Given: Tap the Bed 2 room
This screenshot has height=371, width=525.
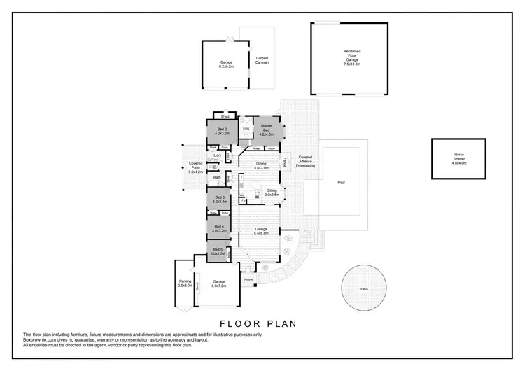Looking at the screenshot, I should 220,132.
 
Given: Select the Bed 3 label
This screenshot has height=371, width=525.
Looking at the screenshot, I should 220,199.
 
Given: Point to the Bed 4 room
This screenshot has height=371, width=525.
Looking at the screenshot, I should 219,228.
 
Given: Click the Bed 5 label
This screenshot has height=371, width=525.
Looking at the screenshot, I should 219,252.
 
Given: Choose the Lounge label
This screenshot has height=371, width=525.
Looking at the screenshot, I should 261,231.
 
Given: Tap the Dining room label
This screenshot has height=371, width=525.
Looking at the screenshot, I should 261,166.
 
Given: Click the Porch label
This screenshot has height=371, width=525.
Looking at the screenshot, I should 248,280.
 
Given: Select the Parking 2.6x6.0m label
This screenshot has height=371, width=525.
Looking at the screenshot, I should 185,283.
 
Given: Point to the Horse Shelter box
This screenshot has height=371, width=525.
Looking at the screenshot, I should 458,160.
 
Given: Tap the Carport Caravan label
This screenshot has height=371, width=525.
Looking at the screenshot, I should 262,60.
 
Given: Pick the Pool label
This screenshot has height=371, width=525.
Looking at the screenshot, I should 342,183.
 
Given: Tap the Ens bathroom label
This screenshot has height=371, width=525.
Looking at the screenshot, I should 246,129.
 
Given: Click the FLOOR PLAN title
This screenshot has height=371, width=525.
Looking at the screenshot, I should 258,323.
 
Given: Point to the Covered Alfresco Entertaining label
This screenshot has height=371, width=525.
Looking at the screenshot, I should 306,162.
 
